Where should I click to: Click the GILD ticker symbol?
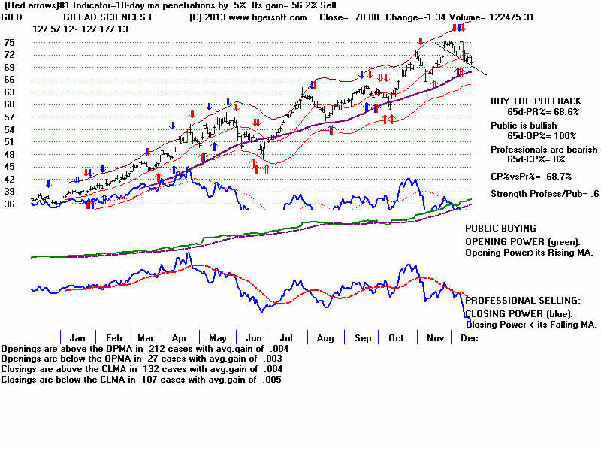coord(13,17)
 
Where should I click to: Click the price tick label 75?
coord(9,43)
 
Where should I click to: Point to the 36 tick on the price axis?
coord(9,204)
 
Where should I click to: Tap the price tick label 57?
coord(9,117)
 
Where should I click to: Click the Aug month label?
coord(325,338)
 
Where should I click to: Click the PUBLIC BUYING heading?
coord(501,228)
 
